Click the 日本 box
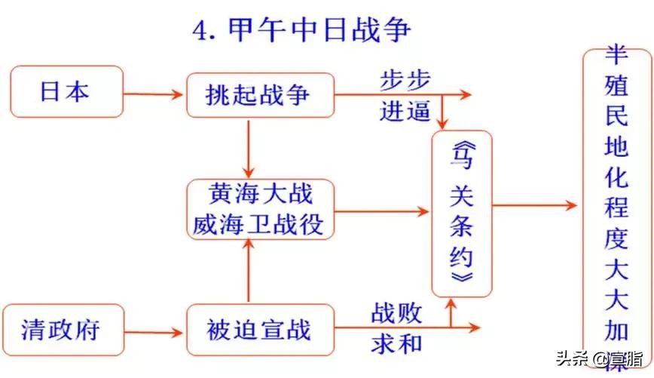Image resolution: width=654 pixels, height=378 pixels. point(66,92)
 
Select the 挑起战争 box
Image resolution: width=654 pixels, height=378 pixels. point(260,95)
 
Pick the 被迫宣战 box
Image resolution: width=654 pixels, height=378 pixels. point(260,330)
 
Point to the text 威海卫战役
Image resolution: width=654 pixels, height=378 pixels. point(260,223)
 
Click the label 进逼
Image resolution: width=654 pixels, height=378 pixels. point(404,112)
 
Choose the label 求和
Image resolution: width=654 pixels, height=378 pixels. point(396,344)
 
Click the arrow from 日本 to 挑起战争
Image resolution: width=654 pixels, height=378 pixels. point(154,94)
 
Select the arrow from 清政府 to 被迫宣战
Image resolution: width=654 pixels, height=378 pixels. point(154,330)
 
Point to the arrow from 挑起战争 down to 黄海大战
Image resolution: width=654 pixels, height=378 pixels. point(248,147)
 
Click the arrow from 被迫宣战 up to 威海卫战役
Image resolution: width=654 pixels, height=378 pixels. point(248,272)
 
